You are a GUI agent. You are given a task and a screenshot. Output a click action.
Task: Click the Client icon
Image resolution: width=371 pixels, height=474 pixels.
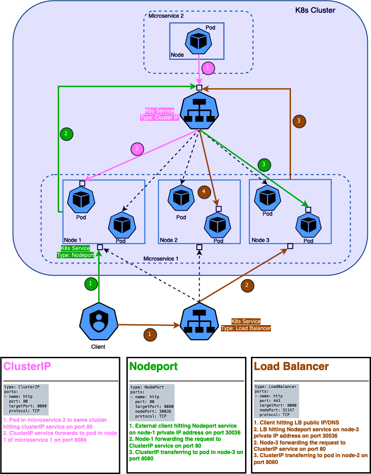coord(98,322)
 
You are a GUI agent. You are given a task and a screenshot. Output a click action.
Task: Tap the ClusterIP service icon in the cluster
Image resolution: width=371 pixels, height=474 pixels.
coord(198,112)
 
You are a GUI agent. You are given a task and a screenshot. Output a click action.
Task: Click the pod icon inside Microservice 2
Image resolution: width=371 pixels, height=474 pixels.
coord(198,41)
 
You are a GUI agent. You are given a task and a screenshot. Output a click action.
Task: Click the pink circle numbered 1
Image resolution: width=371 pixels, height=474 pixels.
coord(208,68)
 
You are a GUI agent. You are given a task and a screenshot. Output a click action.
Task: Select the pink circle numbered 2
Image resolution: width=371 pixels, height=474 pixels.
coord(137,148)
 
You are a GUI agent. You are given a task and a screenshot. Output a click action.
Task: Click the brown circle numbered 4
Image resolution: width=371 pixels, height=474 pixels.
coord(204,192)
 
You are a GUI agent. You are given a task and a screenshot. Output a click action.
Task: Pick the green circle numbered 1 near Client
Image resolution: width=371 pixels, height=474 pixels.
coord(91,283)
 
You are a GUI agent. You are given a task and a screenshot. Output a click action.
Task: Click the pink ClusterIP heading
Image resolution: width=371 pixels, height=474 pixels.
coord(27,366)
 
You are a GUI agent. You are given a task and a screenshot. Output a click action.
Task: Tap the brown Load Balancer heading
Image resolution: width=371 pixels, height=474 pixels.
coord(291,366)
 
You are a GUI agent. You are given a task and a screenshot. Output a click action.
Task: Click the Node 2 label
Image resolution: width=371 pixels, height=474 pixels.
coord(169,240)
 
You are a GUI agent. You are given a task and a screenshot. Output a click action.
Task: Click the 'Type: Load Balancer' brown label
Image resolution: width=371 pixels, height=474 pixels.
coord(246,328)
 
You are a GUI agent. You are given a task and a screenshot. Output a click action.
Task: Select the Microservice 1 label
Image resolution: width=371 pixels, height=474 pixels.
coord(160,258)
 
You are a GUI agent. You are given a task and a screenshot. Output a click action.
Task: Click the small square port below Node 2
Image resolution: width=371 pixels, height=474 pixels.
coord(199,247)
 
